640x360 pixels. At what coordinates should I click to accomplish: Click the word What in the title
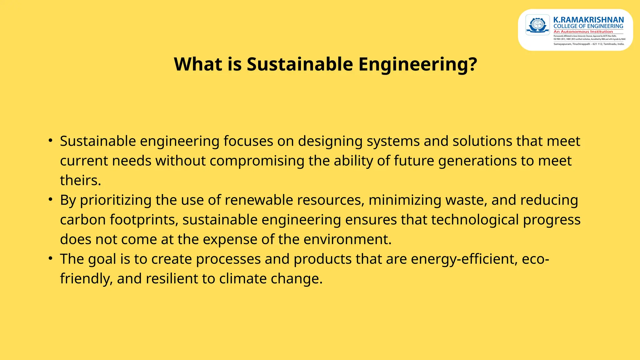[198, 64]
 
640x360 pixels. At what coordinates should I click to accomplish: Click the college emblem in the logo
[537, 25]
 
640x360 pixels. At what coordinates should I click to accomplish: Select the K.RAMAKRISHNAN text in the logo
[588, 20]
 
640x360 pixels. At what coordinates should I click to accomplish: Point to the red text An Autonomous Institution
[583, 32]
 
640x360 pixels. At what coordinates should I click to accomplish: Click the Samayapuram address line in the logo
[589, 44]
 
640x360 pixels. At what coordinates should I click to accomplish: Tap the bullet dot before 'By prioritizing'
[50, 199]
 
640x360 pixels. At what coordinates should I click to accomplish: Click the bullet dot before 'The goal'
[50, 258]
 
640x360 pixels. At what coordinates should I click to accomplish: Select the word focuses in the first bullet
[248, 141]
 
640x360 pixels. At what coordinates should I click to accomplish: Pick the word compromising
[257, 161]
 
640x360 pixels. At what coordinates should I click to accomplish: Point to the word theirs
[80, 181]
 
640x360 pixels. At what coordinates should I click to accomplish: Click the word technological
[475, 220]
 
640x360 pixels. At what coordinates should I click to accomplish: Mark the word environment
[347, 239]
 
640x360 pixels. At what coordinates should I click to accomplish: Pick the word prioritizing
[116, 200]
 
